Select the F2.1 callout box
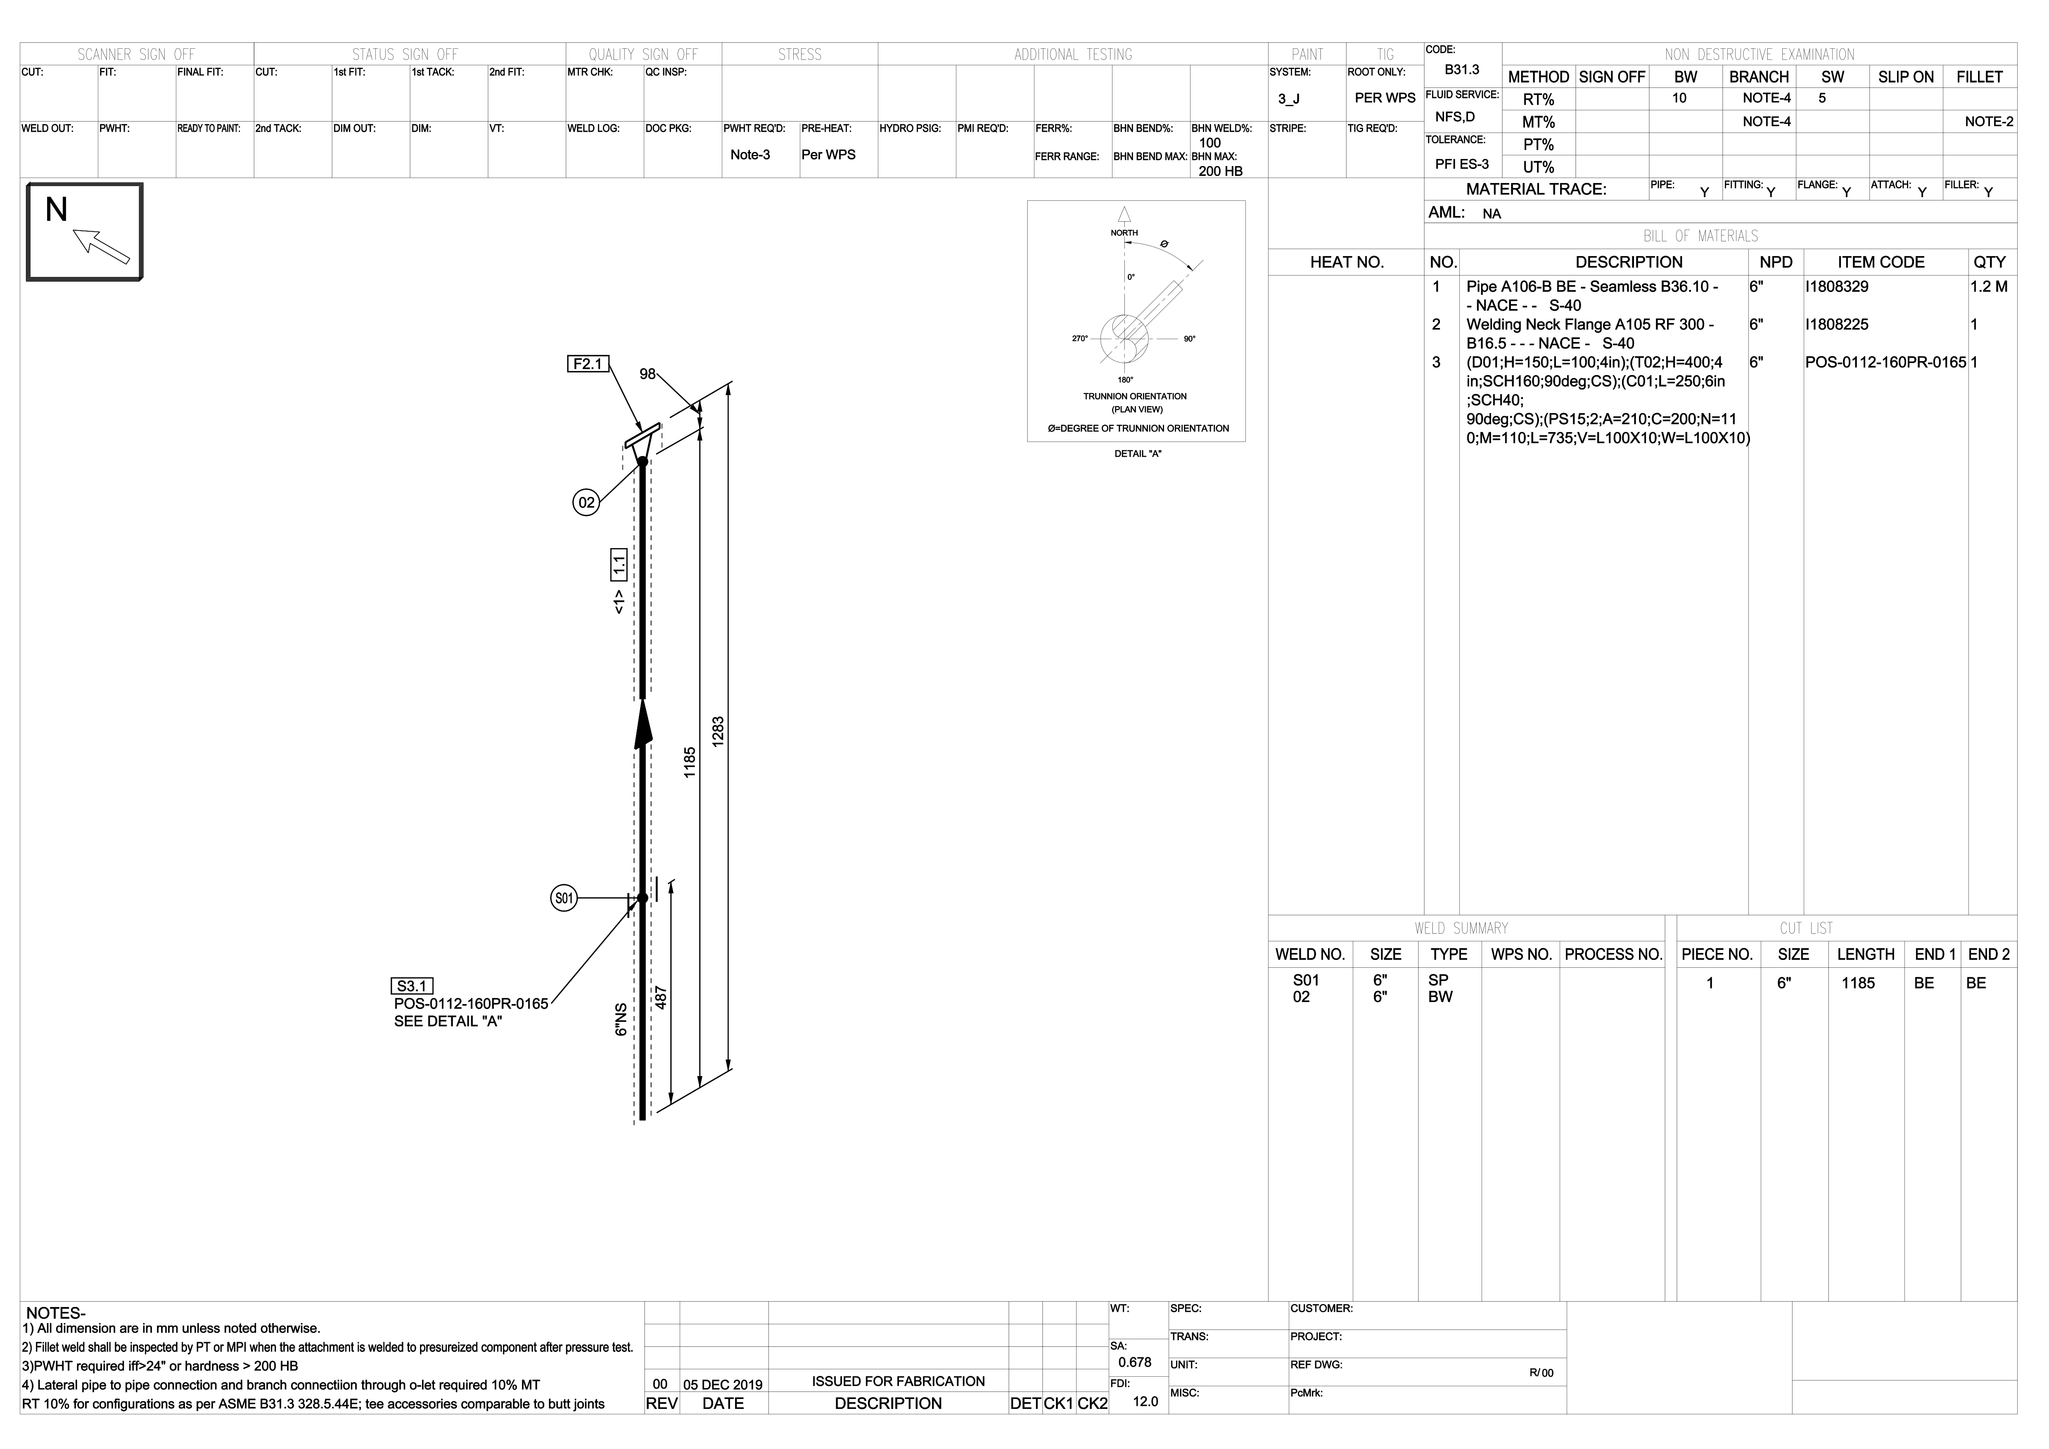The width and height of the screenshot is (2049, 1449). (x=588, y=364)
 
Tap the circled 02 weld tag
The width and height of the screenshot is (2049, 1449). (x=586, y=503)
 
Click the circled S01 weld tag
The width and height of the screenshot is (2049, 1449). (x=564, y=898)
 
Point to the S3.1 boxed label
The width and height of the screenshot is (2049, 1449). (x=412, y=986)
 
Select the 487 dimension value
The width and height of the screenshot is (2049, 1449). (x=661, y=998)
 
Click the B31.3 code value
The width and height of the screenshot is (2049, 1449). (x=1462, y=70)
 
